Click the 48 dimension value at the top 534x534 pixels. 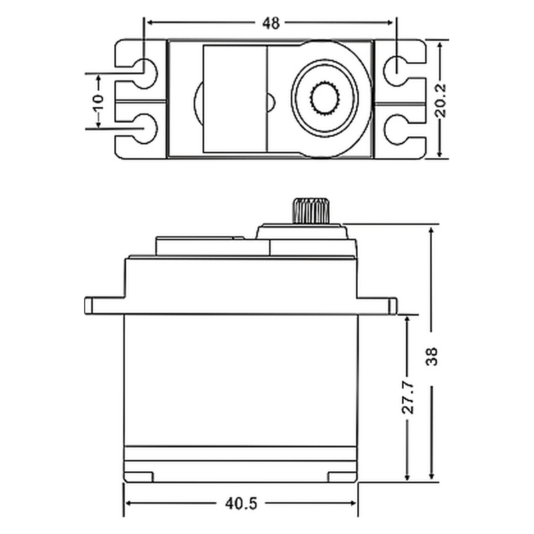tap(271, 23)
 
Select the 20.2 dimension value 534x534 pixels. tap(441, 100)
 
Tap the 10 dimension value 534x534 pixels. tap(98, 101)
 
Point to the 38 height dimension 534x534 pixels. tap(431, 356)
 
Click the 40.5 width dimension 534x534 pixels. tap(241, 504)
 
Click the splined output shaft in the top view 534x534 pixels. tap(324, 98)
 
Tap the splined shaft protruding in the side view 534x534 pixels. tap(311, 210)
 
